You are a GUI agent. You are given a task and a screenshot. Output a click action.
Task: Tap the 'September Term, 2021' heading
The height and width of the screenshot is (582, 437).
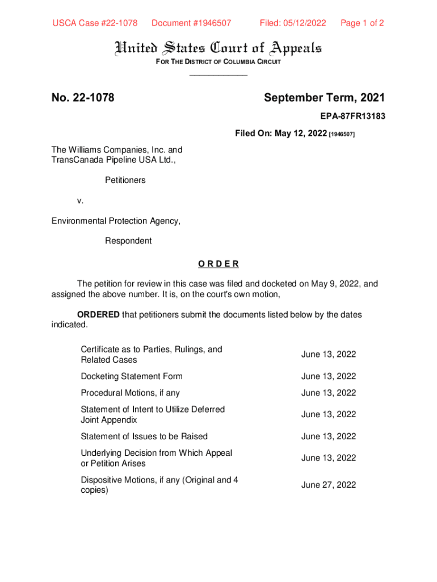tap(324, 98)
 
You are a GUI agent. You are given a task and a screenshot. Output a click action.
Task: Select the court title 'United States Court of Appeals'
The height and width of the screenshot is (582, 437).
tap(218, 48)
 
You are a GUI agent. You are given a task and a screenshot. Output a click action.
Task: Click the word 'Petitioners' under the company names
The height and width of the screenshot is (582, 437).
tap(125, 180)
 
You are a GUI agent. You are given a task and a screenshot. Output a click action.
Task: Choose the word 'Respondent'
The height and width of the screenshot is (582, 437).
tap(128, 241)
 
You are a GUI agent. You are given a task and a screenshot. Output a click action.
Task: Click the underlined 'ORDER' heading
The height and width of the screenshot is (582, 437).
tap(218, 264)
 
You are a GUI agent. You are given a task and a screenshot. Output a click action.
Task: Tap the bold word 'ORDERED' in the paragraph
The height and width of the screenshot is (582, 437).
tap(98, 314)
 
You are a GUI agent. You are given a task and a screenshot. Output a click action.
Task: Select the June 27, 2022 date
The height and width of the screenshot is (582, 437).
tap(329, 485)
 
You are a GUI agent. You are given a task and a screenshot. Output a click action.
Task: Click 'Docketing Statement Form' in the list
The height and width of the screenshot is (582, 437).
tap(131, 376)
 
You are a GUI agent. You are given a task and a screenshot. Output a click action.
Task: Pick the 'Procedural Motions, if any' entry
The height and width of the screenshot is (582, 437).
tap(130, 393)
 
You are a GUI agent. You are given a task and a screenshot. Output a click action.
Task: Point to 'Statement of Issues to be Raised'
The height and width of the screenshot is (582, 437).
tap(144, 436)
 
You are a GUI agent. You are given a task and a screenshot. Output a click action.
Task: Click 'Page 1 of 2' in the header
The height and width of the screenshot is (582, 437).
tap(362, 23)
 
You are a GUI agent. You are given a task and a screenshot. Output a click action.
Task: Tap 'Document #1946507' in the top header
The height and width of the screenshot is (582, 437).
tap(191, 23)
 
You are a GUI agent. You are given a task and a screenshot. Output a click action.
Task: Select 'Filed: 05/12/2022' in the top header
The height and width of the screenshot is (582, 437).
tap(293, 23)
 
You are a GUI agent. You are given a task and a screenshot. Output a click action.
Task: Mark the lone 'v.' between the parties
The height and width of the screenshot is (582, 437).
tap(81, 201)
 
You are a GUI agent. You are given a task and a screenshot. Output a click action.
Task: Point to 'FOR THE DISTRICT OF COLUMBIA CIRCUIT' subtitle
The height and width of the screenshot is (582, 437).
tap(218, 62)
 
